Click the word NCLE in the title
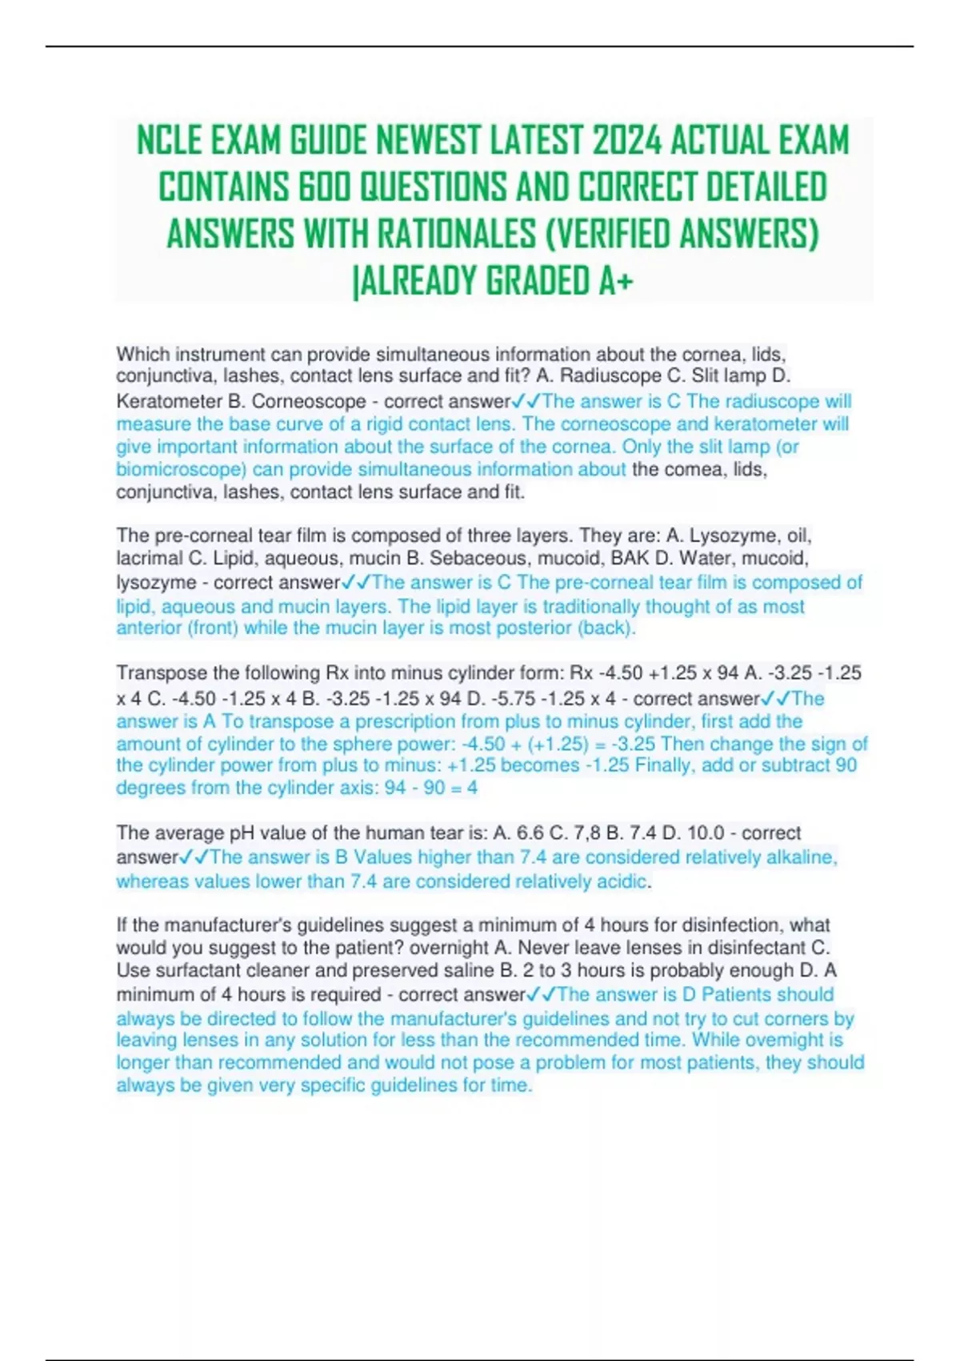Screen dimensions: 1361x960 (170, 141)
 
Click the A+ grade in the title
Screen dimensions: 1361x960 (615, 281)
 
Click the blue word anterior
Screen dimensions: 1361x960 (150, 628)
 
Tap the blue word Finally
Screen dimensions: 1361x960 (664, 765)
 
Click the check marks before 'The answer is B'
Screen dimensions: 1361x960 (194, 857)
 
